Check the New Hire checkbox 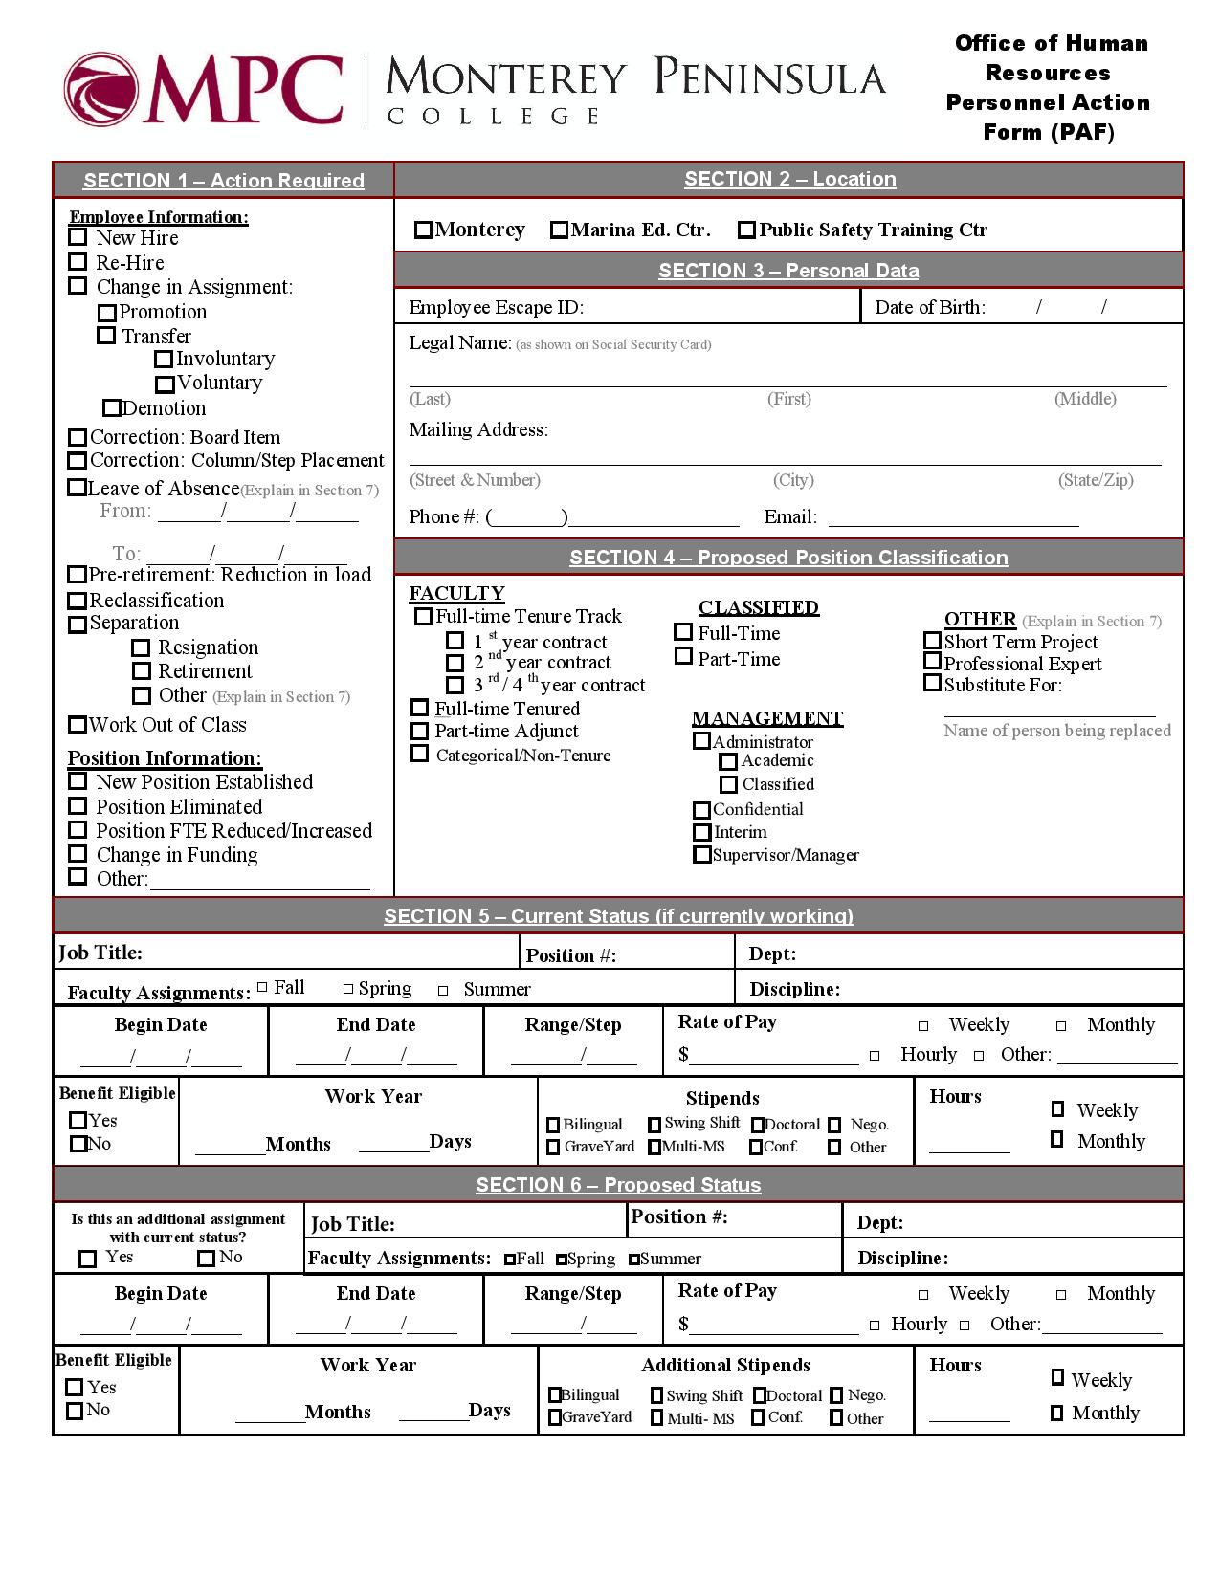pyautogui.click(x=78, y=237)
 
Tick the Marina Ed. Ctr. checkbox pyautogui.click(x=559, y=230)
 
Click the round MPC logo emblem pyautogui.click(x=100, y=91)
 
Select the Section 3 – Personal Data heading pyautogui.click(x=787, y=271)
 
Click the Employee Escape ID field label pyautogui.click(x=496, y=307)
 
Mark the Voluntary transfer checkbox pyautogui.click(x=165, y=384)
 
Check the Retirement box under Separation pyautogui.click(x=142, y=671)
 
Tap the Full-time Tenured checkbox pyautogui.click(x=419, y=708)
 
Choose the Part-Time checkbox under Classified pyautogui.click(x=683, y=656)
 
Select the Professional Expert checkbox pyautogui.click(x=932, y=662)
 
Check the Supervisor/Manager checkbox pyautogui.click(x=701, y=855)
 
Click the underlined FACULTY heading pyautogui.click(x=456, y=593)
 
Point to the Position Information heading pyautogui.click(x=164, y=758)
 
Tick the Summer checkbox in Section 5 pyautogui.click(x=443, y=991)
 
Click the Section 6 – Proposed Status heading pyautogui.click(x=618, y=1185)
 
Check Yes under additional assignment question pyautogui.click(x=87, y=1259)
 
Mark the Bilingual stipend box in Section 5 pyautogui.click(x=553, y=1125)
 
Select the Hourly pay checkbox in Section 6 pyautogui.click(x=875, y=1326)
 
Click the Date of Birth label pyautogui.click(x=929, y=307)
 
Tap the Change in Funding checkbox pyautogui.click(x=78, y=853)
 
